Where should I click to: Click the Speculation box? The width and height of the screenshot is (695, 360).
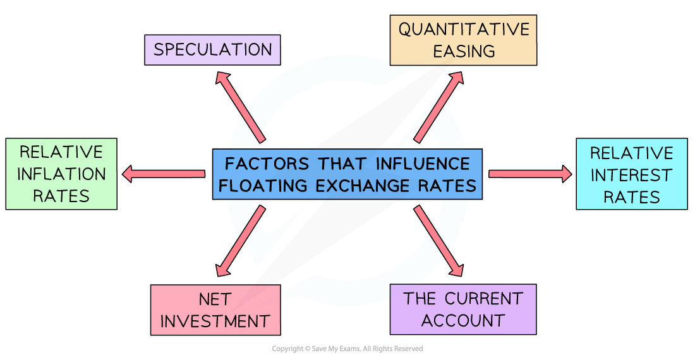click(x=212, y=50)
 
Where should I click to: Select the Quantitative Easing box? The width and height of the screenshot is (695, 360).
click(x=463, y=40)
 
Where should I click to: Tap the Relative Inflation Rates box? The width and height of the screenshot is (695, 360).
click(x=61, y=174)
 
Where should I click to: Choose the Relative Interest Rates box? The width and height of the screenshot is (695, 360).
click(x=631, y=174)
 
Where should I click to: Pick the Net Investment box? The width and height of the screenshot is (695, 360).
click(x=215, y=309)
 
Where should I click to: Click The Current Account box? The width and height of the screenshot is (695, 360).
click(x=463, y=309)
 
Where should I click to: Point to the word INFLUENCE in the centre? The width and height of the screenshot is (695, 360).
click(x=423, y=164)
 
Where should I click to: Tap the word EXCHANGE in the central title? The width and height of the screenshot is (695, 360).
click(x=363, y=186)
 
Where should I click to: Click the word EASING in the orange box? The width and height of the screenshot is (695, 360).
click(x=463, y=52)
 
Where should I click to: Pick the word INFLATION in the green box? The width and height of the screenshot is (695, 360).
click(x=61, y=174)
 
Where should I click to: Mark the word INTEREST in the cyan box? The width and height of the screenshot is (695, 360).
click(x=631, y=175)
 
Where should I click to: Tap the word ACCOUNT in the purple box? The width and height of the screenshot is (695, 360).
click(x=463, y=320)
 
